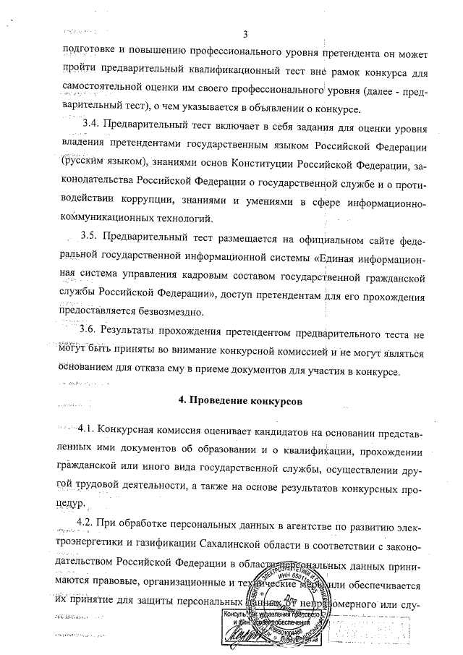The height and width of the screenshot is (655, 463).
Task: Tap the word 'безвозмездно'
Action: [163, 312]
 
